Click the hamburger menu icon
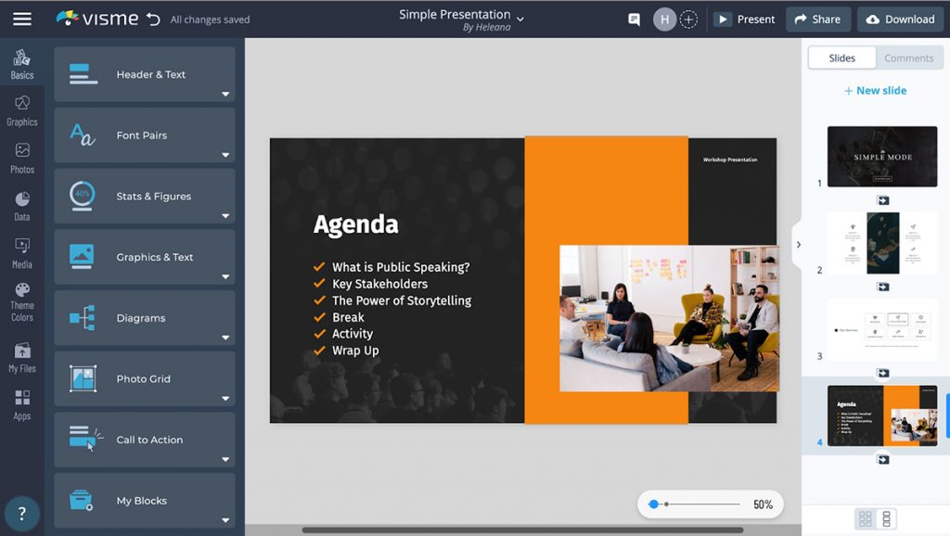pyautogui.click(x=22, y=19)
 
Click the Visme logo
pyautogui.click(x=96, y=19)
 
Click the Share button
pyautogui.click(x=817, y=19)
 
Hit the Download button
pyautogui.click(x=900, y=19)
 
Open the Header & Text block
pyautogui.click(x=144, y=74)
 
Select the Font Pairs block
pyautogui.click(x=144, y=135)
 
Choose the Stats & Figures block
pyautogui.click(x=144, y=197)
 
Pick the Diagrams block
pyautogui.click(x=144, y=318)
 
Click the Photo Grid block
pyautogui.click(x=144, y=379)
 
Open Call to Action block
pyautogui.click(x=144, y=440)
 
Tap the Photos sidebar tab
pyautogui.click(x=22, y=158)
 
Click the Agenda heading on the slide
pyautogui.click(x=355, y=224)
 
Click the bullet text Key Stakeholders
pyautogui.click(x=379, y=284)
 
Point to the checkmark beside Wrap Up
pyautogui.click(x=319, y=351)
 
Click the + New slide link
pyautogui.click(x=875, y=91)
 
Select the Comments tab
pyautogui.click(x=908, y=57)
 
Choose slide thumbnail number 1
pyautogui.click(x=881, y=157)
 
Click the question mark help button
pyautogui.click(x=22, y=513)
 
